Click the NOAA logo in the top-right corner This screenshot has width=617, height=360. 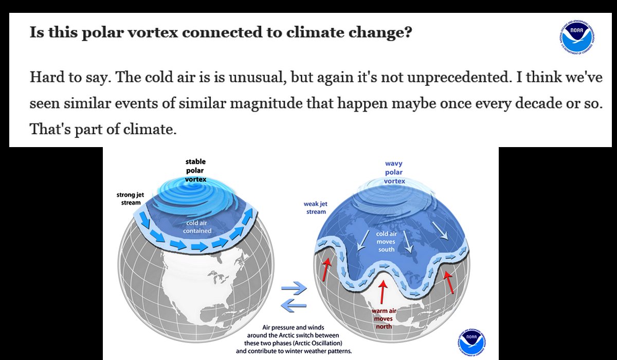click(x=577, y=37)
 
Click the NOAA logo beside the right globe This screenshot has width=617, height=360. click(x=472, y=342)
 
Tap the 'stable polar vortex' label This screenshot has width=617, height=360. click(x=195, y=170)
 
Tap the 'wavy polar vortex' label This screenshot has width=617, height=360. click(x=394, y=172)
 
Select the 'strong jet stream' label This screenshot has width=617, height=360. click(x=130, y=199)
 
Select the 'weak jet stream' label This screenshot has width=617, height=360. click(x=316, y=208)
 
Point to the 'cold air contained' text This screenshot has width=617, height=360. click(x=197, y=227)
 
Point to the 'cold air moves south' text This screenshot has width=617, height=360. click(x=386, y=242)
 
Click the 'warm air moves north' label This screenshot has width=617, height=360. click(x=384, y=319)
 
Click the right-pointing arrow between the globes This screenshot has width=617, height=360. click(x=294, y=288)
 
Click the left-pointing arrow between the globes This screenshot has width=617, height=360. click(x=294, y=305)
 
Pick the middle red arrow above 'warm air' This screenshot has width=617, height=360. click(x=383, y=292)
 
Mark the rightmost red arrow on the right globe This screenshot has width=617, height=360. click(x=449, y=281)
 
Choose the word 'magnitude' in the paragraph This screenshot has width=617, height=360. click(x=266, y=104)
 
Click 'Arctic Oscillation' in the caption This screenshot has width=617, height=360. click(x=318, y=343)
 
